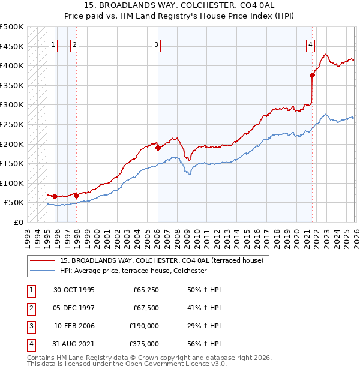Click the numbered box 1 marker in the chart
pyautogui.click(x=53, y=44)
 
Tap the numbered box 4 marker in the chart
pyautogui.click(x=310, y=44)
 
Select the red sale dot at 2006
pyautogui.click(x=158, y=148)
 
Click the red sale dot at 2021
pyautogui.click(x=312, y=75)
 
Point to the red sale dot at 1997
pyautogui.click(x=76, y=196)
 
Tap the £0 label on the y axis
pyautogui.click(x=19, y=222)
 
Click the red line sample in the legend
pyautogui.click(x=43, y=260)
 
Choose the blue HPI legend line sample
pyautogui.click(x=43, y=271)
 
